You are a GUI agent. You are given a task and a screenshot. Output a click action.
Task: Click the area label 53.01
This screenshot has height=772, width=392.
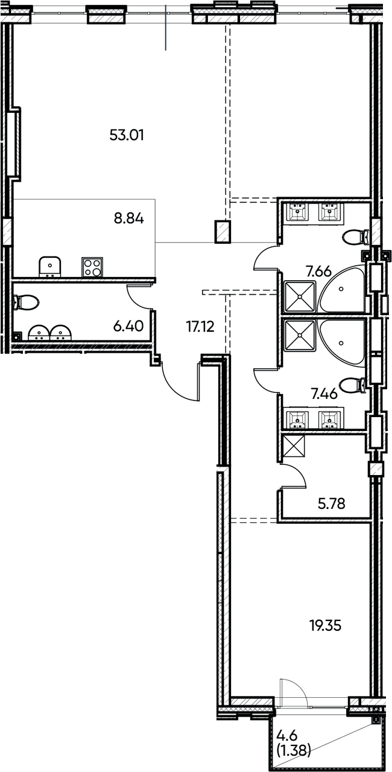click(x=127, y=135)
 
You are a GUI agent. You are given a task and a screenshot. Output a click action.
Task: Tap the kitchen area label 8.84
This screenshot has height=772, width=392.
click(x=129, y=219)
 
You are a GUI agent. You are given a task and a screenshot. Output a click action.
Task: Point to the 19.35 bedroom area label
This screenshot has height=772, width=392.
click(x=325, y=626)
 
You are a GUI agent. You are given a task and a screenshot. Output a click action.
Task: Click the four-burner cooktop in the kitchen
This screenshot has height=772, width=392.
click(x=92, y=267)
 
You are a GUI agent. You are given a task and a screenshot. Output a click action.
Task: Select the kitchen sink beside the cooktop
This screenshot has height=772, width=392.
click(x=49, y=266)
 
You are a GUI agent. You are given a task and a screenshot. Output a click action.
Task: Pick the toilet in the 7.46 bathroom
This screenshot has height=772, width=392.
click(x=353, y=384)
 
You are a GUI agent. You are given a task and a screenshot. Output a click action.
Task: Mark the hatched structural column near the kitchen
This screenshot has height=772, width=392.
click(x=223, y=232)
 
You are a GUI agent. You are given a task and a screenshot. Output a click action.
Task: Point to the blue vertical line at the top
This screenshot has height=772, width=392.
click(x=166, y=27)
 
